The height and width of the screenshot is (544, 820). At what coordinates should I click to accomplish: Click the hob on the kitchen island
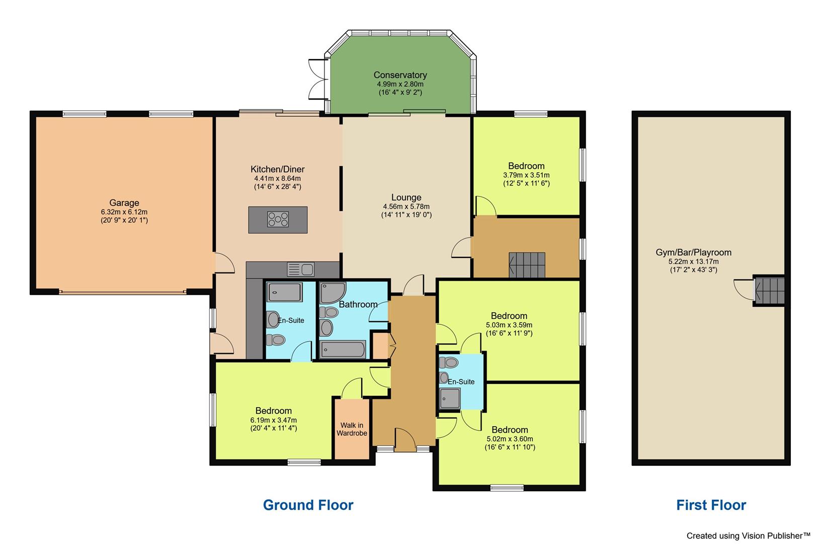pos(278,219)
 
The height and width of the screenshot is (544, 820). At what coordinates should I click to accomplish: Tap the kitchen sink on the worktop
pos(301,269)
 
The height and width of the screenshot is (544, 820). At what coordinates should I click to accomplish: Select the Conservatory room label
pos(400,75)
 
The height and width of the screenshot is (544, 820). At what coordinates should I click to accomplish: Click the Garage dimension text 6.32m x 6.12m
pos(124,212)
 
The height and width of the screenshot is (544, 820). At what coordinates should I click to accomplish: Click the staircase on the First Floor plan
pos(770,291)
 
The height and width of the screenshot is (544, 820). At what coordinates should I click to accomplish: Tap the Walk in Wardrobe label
pos(352,429)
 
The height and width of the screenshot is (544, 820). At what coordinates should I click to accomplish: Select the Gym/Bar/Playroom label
pos(693,252)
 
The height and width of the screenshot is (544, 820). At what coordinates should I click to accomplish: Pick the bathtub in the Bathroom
pos(343,349)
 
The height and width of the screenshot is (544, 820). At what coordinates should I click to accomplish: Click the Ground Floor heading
pos(308,505)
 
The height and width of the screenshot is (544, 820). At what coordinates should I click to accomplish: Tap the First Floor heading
pos(711,505)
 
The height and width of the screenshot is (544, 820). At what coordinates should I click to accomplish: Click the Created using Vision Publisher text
pos(748,535)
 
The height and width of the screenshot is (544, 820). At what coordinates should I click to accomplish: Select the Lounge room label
pos(406,197)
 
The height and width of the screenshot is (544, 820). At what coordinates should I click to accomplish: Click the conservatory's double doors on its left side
pos(317,81)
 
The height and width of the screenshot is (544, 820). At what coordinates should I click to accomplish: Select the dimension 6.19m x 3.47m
pos(273,420)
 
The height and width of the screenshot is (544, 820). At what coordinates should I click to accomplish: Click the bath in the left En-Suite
pos(285,292)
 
